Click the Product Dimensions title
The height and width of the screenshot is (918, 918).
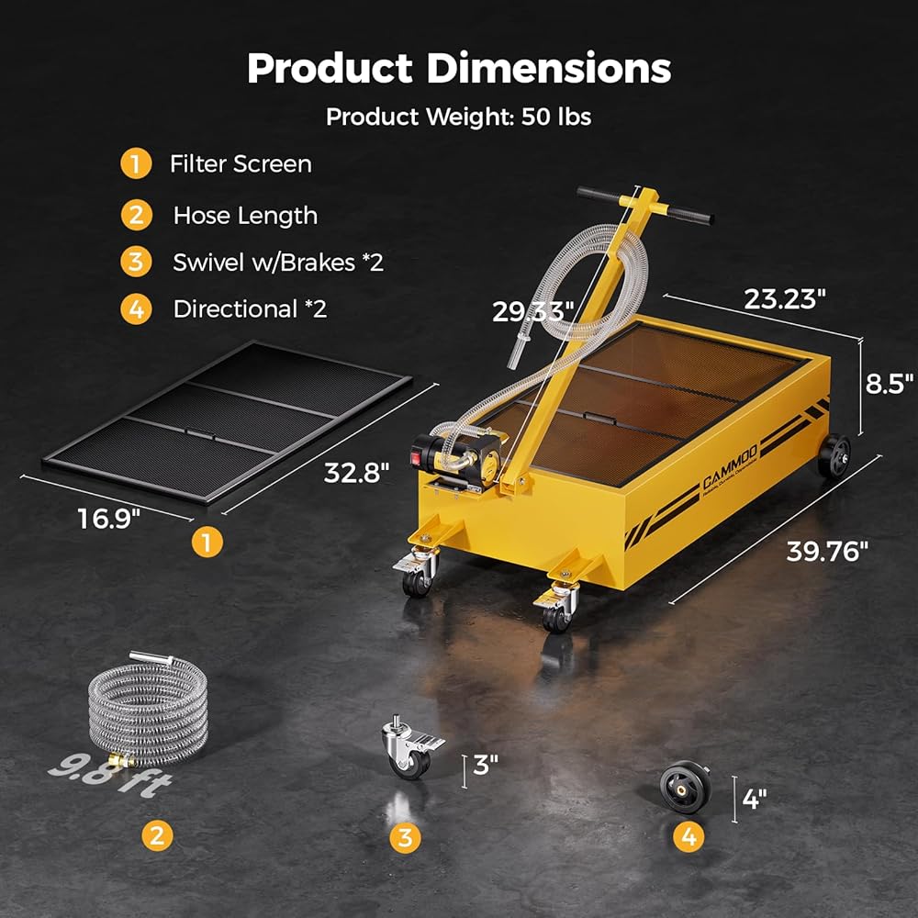[459, 69]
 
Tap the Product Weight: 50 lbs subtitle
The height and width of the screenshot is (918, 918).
[458, 117]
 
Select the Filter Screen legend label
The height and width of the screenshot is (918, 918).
[241, 164]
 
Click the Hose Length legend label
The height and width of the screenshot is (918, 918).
[245, 216]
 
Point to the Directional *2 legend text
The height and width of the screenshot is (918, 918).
[250, 308]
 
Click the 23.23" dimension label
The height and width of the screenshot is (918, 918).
[785, 299]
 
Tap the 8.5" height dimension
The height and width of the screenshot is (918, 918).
[890, 384]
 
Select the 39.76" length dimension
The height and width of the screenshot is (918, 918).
[827, 551]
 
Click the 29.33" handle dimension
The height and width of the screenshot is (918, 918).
[532, 311]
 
